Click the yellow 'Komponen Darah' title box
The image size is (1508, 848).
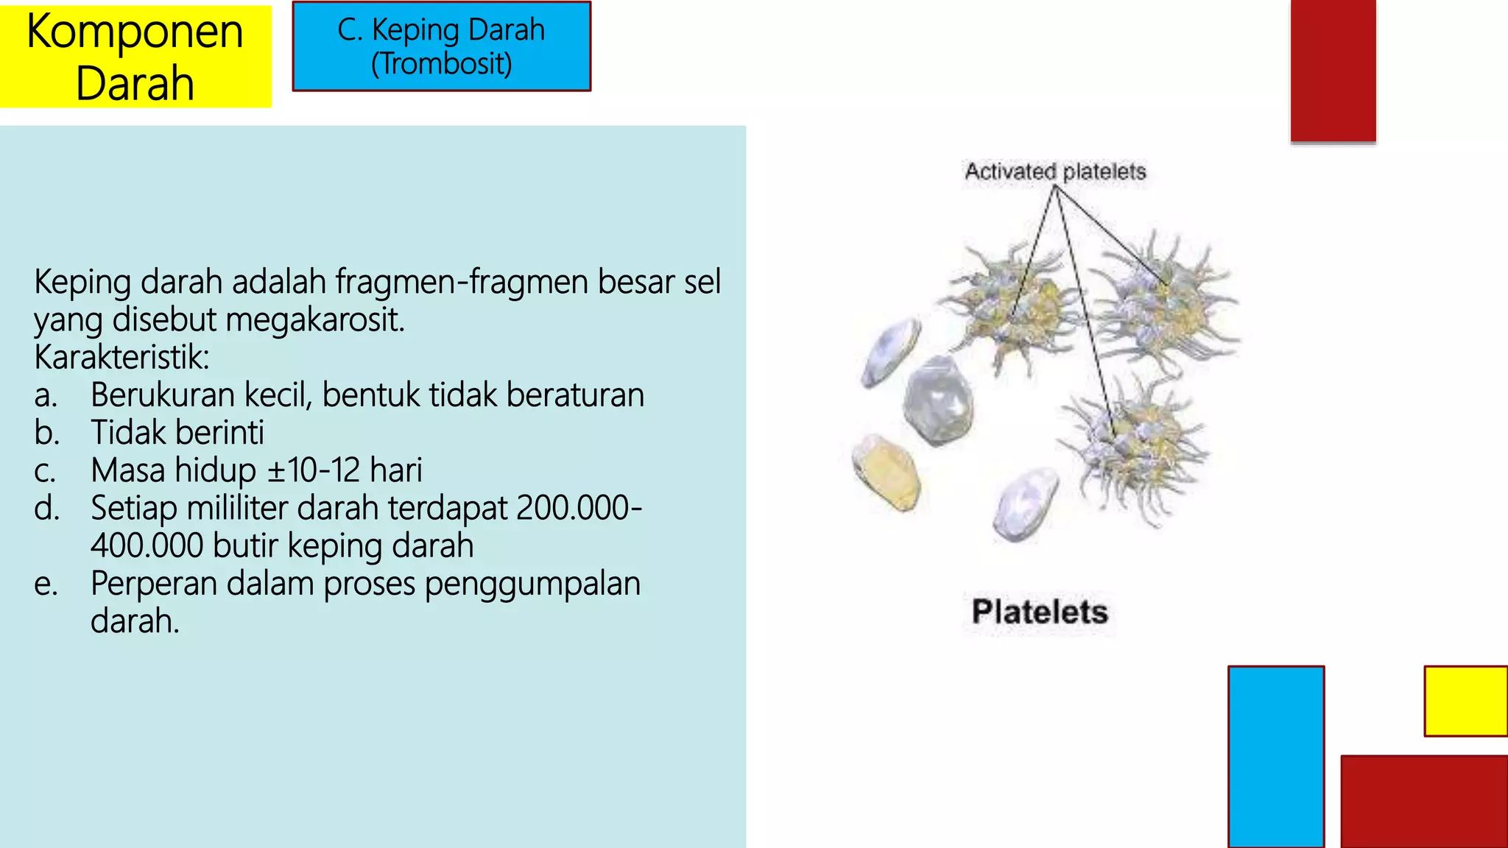[135, 57]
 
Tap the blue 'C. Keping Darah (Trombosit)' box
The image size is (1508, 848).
[441, 46]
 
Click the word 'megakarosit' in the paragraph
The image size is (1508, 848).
[314, 320]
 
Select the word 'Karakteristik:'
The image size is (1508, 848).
[121, 358]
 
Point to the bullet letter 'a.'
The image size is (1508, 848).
[46, 396]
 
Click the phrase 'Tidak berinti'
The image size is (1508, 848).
[177, 433]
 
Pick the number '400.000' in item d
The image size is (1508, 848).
[147, 545]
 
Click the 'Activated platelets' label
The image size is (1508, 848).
[1055, 172]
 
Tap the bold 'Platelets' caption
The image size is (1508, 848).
[1039, 612]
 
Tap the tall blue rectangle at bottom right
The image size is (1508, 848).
[1275, 757]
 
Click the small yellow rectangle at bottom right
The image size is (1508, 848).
[1465, 701]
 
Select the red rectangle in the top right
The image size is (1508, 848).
[1333, 70]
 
